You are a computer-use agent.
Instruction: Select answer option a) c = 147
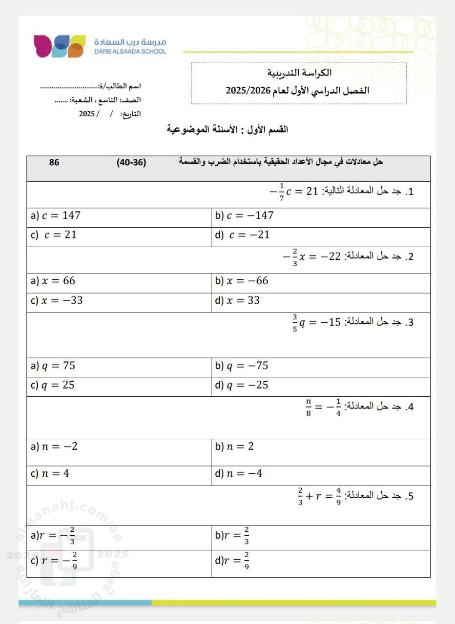55,215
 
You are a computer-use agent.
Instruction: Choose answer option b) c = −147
244,215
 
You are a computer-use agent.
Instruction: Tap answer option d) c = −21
242,235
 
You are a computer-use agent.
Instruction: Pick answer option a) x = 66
53,281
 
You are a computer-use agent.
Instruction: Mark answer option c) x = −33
56,300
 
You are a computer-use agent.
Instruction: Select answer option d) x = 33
237,300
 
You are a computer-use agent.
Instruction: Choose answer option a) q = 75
53,366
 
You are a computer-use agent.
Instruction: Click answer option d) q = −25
242,385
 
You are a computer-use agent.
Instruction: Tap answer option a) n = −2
54,447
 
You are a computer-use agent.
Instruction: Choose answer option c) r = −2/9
54,561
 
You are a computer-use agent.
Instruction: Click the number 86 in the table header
54,162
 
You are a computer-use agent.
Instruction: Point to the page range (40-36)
132,162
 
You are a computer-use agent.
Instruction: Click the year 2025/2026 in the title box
244,91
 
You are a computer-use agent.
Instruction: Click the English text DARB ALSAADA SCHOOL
130,51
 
